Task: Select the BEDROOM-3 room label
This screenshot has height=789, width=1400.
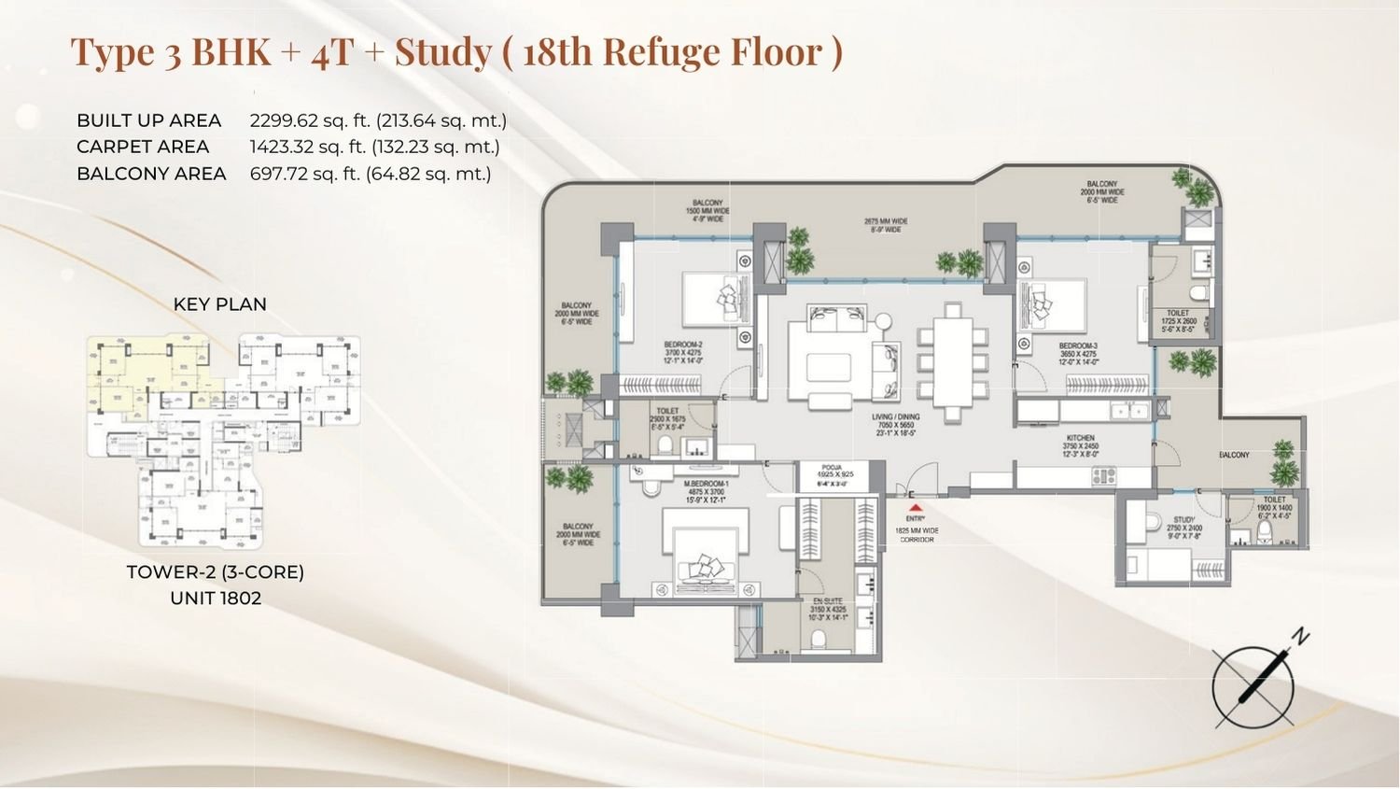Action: (x=1078, y=345)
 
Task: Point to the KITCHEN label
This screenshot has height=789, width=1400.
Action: (x=1080, y=438)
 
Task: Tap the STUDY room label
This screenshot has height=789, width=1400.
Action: (x=1184, y=520)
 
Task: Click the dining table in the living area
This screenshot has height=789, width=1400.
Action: (x=952, y=359)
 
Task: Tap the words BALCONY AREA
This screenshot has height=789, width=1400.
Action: (x=151, y=174)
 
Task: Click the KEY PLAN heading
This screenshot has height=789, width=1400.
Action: (x=219, y=304)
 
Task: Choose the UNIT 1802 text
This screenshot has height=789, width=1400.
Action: (x=216, y=598)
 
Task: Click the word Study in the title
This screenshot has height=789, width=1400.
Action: (x=442, y=51)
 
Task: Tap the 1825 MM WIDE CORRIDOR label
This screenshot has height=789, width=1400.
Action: (x=916, y=534)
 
